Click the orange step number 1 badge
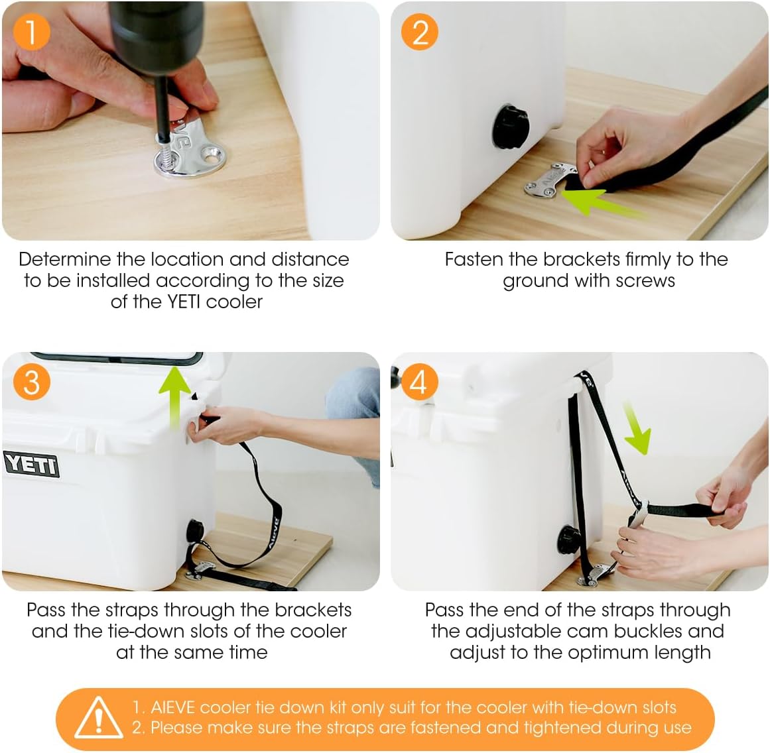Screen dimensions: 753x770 [x=31, y=31]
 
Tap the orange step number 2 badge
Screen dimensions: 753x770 [x=420, y=31]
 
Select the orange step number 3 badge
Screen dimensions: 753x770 [x=31, y=382]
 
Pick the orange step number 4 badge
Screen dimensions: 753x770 [x=419, y=382]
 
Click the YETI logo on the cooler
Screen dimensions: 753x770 [x=31, y=464]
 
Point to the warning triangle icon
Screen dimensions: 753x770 [x=99, y=718]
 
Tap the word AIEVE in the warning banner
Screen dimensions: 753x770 [x=174, y=707]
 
